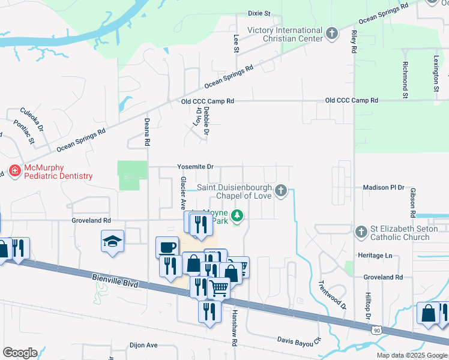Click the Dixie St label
[x=259, y=13]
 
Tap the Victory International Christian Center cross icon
[x=333, y=34]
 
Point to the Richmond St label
[x=406, y=80]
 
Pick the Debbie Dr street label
[x=206, y=119]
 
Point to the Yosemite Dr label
[x=195, y=167]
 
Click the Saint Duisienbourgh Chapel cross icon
[x=280, y=191]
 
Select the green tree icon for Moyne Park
[x=238, y=216]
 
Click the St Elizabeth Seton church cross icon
[x=361, y=232]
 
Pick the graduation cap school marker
[x=112, y=241]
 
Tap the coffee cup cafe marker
[x=166, y=247]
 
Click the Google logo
[x=20, y=353]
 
